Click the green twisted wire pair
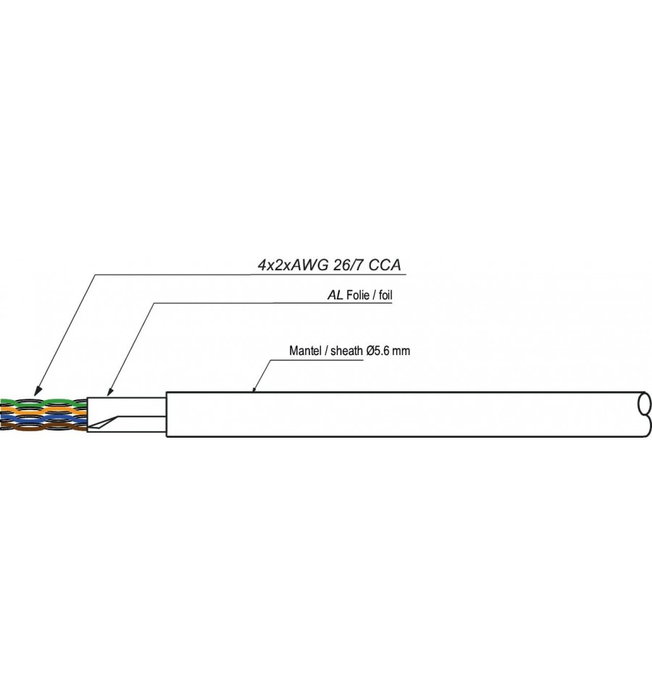pyautogui.click(x=43, y=403)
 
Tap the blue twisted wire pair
pyautogui.click(x=43, y=419)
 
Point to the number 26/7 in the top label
pyautogui.click(x=349, y=265)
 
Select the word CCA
pyautogui.click(x=385, y=265)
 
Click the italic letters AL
pyautogui.click(x=335, y=295)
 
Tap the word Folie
pyautogui.click(x=358, y=295)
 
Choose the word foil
pyautogui.click(x=385, y=295)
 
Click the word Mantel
pyautogui.click(x=305, y=351)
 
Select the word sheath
pyautogui.click(x=346, y=351)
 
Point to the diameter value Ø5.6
pyautogui.click(x=378, y=351)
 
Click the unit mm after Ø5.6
pyautogui.click(x=401, y=351)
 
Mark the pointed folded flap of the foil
pyautogui.click(x=103, y=423)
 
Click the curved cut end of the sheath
pyautogui.click(x=645, y=414)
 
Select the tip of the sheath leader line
pyautogui.click(x=254, y=391)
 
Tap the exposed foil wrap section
pyautogui.click(x=127, y=415)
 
